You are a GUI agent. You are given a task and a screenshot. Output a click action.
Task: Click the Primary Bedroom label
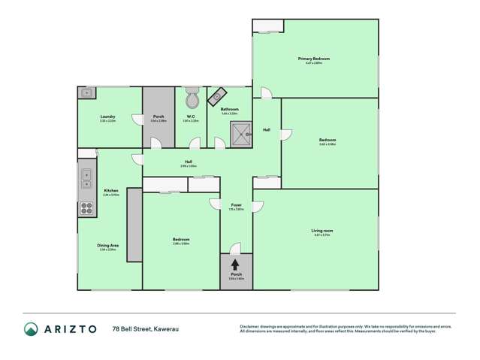click(314, 59)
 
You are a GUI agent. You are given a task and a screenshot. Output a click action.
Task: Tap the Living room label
click(322, 230)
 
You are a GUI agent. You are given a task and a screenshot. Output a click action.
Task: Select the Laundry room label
click(107, 116)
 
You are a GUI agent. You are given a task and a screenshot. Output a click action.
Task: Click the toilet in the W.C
click(192, 99)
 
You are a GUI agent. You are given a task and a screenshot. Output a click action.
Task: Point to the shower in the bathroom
click(240, 134)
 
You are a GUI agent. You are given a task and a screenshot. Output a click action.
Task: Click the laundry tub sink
click(86, 94)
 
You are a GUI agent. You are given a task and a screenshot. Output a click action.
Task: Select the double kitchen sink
click(86, 179)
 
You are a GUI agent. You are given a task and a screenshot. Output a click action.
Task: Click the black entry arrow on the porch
click(236, 265)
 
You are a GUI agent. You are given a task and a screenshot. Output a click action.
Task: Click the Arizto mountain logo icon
click(31, 328)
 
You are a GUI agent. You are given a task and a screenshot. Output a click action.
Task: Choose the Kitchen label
click(111, 191)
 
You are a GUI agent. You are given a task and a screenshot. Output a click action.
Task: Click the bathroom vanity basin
click(219, 95)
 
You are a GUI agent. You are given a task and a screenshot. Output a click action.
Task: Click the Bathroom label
click(229, 110)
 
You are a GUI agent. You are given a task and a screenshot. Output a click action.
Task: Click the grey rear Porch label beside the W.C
click(158, 116)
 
